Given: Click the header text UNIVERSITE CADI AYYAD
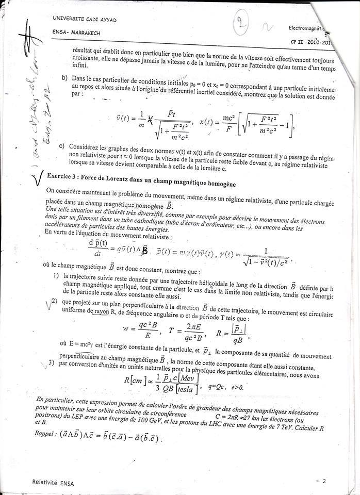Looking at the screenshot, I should [85, 19].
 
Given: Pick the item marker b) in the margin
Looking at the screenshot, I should [64, 78].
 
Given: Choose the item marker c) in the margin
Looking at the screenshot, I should [62, 146].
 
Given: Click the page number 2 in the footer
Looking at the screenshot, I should [324, 482].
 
